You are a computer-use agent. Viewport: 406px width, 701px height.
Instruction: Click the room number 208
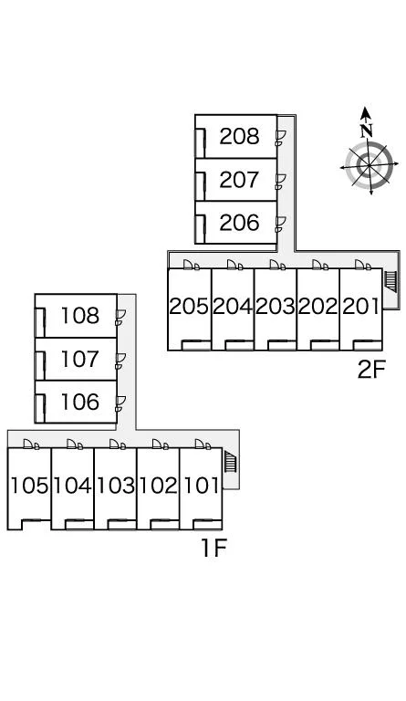click(239, 136)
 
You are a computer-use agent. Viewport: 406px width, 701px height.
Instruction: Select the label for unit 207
click(239, 180)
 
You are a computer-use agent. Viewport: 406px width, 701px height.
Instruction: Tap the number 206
click(239, 223)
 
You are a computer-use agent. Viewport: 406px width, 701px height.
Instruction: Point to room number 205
click(189, 307)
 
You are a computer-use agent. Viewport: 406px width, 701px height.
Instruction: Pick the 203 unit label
click(276, 307)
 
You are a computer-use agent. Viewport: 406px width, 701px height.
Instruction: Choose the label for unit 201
click(360, 307)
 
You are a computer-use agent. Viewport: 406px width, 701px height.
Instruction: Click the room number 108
click(80, 316)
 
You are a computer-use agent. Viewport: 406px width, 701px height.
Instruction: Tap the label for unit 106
click(80, 402)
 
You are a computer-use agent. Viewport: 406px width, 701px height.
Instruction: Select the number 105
click(29, 486)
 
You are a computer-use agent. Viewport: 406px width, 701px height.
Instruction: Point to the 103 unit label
click(116, 486)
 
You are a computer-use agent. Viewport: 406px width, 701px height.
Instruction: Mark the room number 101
click(202, 486)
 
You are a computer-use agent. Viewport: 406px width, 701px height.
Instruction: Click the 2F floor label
click(370, 370)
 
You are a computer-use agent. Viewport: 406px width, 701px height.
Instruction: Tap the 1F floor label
click(214, 548)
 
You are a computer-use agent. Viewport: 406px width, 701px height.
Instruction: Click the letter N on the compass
click(367, 131)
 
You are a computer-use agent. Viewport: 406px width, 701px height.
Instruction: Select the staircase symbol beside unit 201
click(390, 282)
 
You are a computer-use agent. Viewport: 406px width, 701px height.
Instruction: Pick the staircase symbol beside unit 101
click(230, 462)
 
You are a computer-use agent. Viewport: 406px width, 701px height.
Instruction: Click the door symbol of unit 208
click(280, 138)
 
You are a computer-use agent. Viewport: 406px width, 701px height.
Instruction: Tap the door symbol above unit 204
click(235, 265)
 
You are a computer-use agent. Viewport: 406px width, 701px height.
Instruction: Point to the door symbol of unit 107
click(120, 361)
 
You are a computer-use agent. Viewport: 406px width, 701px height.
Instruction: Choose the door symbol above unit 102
click(160, 444)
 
